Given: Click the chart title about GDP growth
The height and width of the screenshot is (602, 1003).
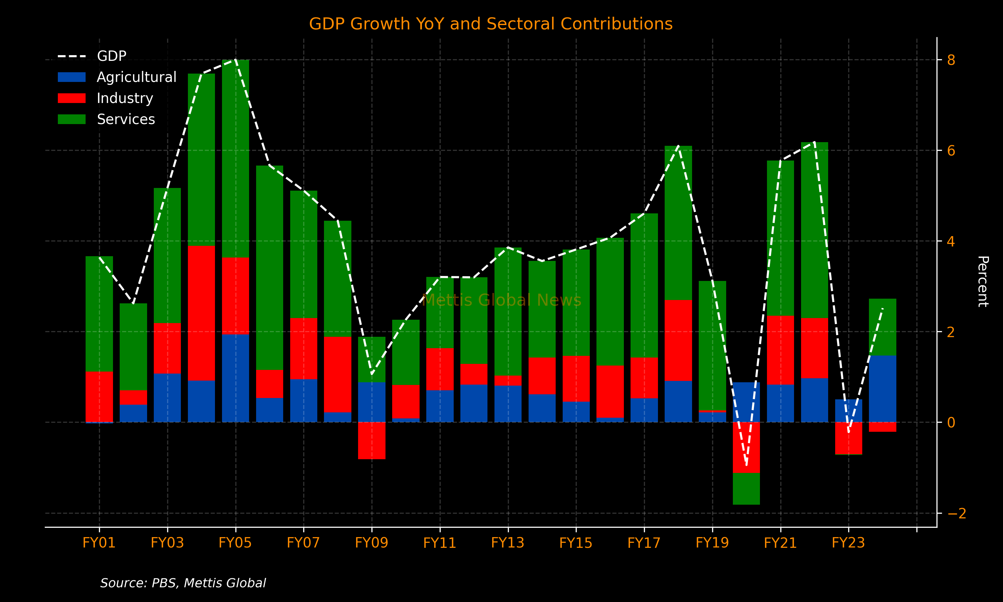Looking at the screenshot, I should [x=490, y=24].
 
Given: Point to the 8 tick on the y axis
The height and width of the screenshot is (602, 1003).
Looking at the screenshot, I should [x=951, y=60].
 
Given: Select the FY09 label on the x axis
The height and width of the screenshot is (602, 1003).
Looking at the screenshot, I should [x=371, y=543].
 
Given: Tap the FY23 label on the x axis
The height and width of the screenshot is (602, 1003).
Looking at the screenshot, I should [x=848, y=543].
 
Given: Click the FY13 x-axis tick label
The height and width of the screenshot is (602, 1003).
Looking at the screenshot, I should [x=508, y=543].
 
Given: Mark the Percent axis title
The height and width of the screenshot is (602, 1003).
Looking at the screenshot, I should [x=983, y=281].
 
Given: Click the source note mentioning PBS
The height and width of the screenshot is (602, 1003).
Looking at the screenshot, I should [x=183, y=583].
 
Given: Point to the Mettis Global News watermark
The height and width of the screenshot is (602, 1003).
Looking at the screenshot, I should [x=501, y=301].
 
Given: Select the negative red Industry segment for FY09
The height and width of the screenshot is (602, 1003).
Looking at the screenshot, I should [x=371, y=440].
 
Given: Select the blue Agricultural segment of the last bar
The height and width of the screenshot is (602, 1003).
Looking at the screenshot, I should [x=882, y=389].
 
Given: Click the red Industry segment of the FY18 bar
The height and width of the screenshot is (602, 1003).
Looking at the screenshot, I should [x=678, y=340].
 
